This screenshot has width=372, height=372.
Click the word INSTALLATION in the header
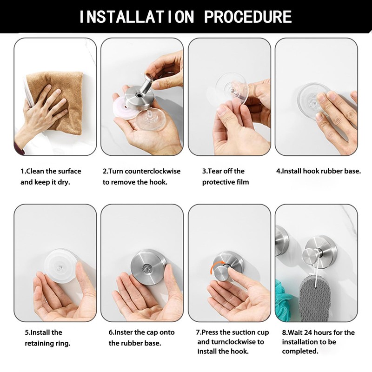[x=137, y=17]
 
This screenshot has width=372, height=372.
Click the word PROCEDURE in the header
[x=248, y=17]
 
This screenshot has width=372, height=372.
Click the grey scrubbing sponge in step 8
[x=314, y=299]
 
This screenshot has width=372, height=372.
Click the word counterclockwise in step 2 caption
[x=153, y=171]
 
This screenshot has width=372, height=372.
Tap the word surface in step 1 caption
[x=69, y=171]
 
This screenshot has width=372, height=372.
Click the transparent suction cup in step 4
[x=312, y=97]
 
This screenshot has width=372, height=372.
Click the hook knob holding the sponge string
[x=311, y=257]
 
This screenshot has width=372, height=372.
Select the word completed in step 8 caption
[x=300, y=352]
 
